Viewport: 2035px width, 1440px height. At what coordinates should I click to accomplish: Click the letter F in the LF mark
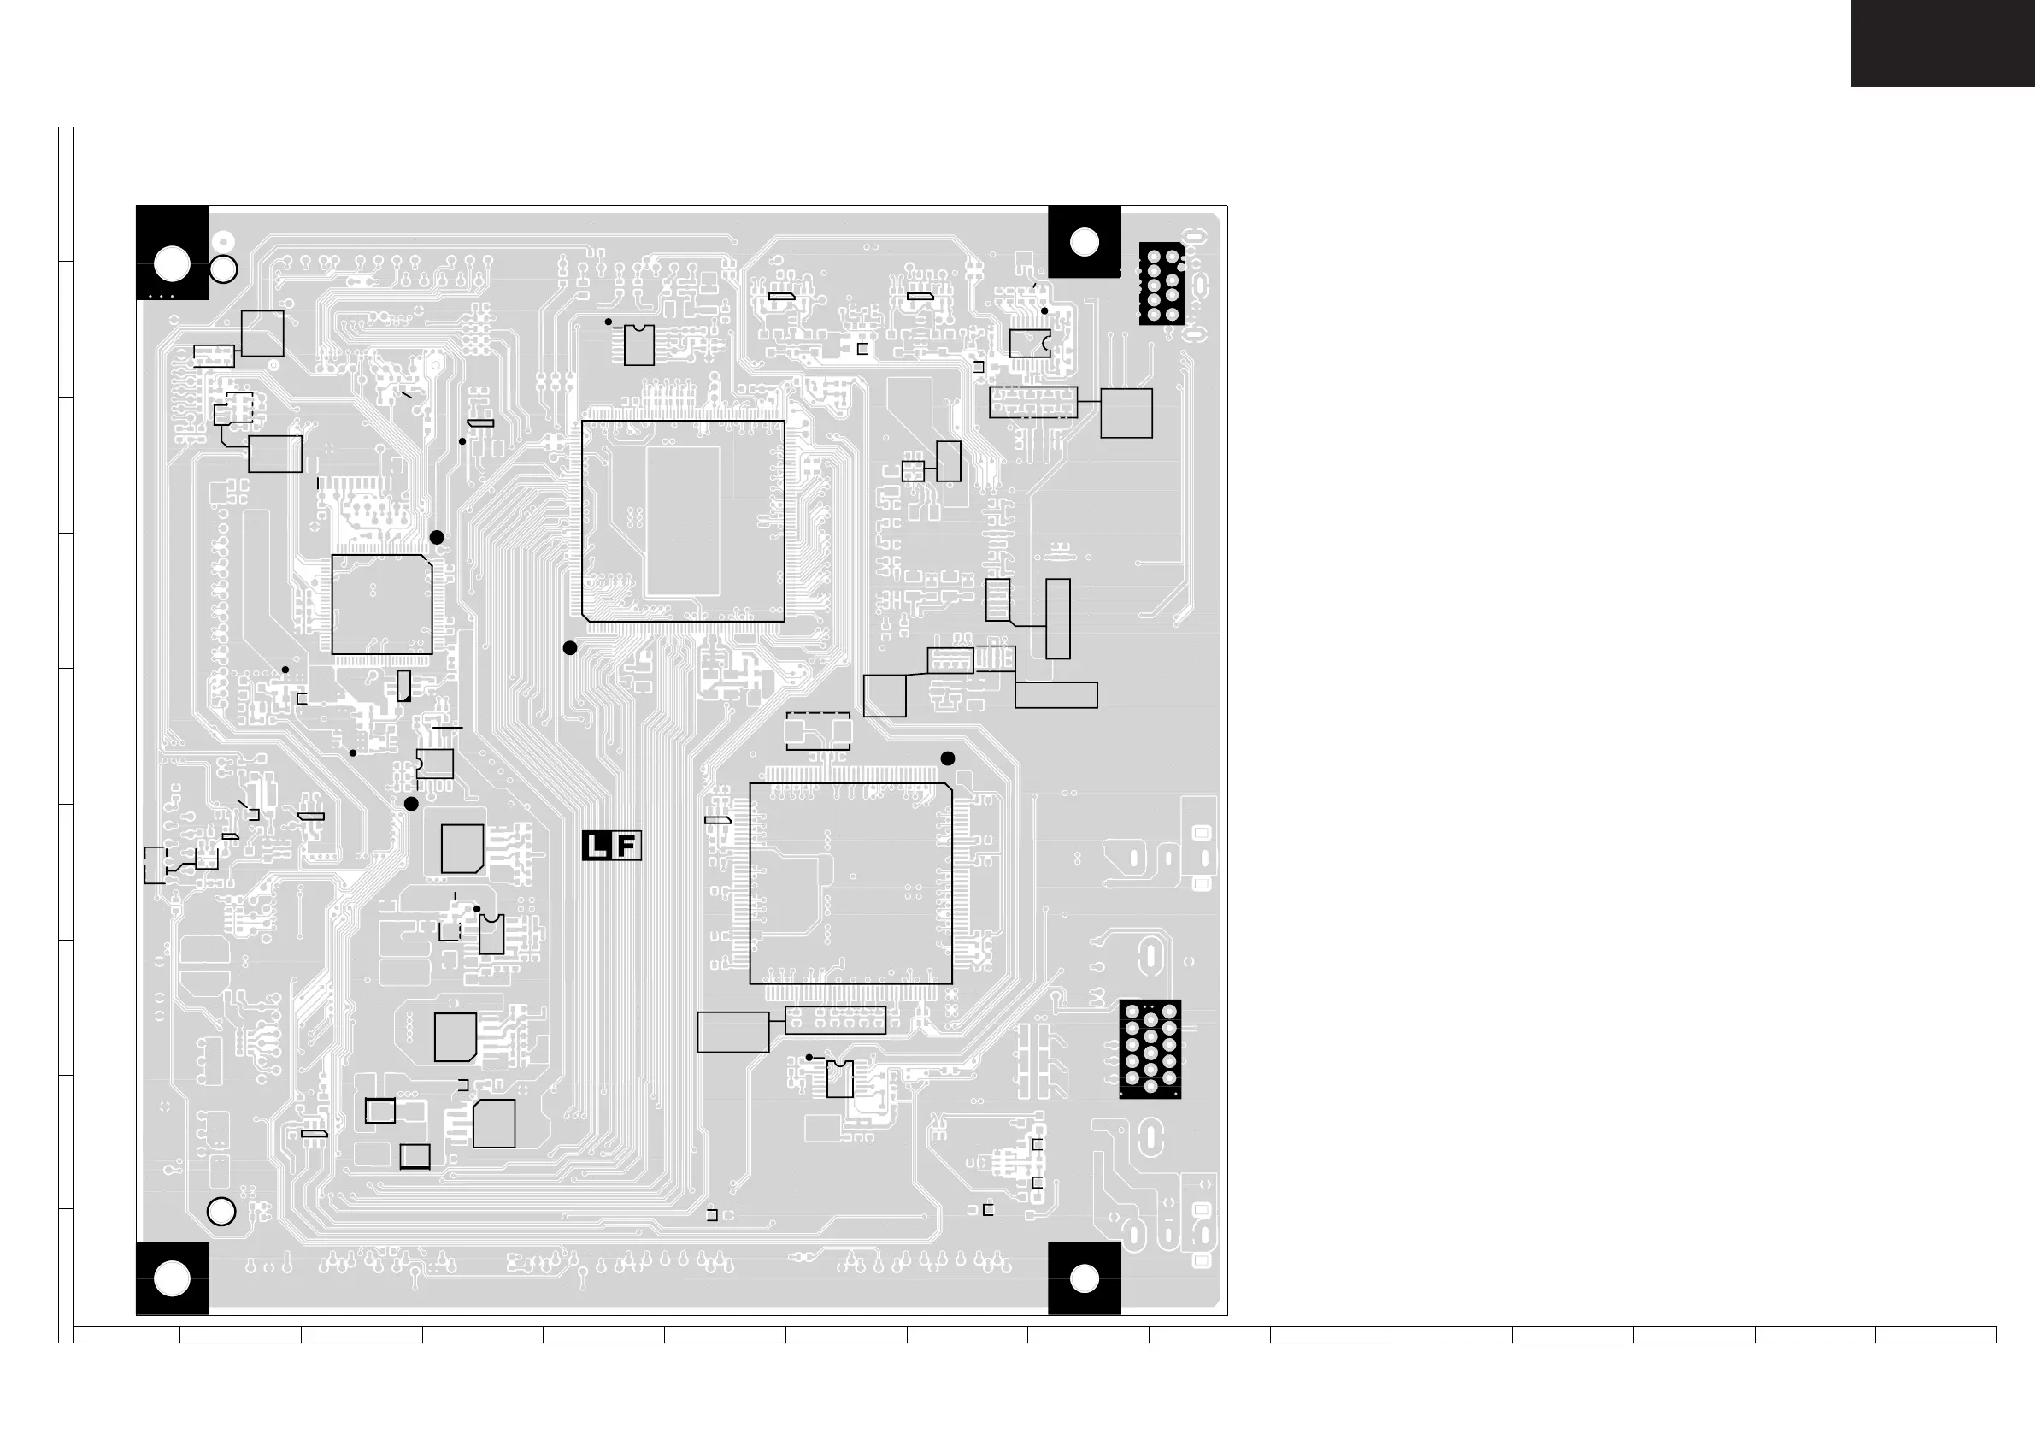click(x=626, y=846)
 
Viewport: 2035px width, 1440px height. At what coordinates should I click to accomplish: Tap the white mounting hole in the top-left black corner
click(x=172, y=263)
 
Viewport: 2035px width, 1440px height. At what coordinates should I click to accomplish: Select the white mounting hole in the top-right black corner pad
click(x=1084, y=242)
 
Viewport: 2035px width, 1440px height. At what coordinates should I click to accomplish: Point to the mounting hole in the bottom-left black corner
click(x=172, y=1278)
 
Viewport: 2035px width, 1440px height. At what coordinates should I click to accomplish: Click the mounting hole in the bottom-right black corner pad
click(x=1084, y=1278)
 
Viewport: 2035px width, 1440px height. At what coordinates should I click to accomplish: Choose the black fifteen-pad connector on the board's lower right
click(x=1150, y=1049)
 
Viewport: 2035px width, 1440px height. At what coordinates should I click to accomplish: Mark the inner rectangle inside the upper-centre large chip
click(x=683, y=521)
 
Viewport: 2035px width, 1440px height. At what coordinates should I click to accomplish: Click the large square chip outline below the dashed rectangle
click(x=851, y=883)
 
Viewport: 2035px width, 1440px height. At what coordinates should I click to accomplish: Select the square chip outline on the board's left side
click(x=382, y=605)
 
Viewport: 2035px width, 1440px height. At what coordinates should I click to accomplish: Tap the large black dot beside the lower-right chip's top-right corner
click(x=948, y=758)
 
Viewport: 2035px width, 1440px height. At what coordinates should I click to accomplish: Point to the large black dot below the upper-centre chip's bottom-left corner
click(x=570, y=648)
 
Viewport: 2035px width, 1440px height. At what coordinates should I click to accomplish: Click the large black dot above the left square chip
click(x=437, y=537)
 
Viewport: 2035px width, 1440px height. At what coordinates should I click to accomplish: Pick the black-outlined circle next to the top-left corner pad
click(x=222, y=269)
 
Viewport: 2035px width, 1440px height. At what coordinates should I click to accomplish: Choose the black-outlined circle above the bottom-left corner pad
click(x=221, y=1211)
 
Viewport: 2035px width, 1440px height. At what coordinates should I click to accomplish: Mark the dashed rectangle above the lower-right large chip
click(x=818, y=730)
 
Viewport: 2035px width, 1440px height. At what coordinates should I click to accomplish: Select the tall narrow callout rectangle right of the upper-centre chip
click(x=1057, y=619)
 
